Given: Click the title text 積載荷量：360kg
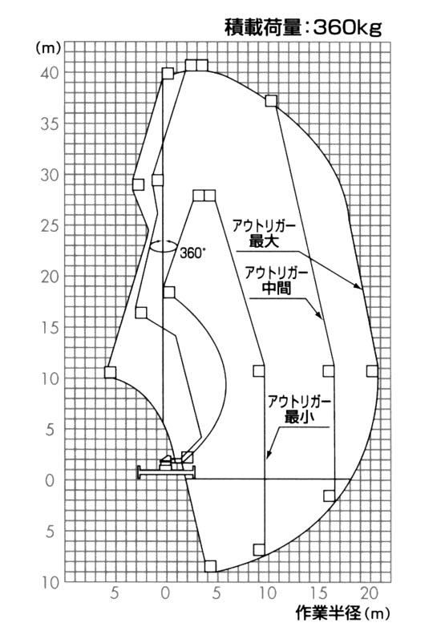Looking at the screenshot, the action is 303,27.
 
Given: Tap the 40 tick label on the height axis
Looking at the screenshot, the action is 51,73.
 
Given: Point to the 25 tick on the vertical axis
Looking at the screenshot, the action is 51,226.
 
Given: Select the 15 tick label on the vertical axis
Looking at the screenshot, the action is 51,328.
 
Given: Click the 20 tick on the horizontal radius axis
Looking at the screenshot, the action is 370,593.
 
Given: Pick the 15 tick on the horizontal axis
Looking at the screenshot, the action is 318,593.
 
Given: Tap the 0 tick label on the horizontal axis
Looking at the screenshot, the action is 165,593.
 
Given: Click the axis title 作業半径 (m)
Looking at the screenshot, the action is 342,613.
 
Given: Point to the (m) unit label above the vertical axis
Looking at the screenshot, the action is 48,48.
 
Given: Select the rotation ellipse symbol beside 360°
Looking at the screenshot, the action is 163,246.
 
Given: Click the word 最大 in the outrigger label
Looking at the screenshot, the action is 263,242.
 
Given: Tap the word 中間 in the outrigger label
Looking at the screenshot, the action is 277,288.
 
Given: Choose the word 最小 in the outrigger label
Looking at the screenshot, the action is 299,416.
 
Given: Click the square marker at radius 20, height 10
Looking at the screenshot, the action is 372,371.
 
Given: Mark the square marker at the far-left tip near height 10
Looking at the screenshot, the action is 110,372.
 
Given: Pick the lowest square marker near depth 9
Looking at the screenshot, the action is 211,566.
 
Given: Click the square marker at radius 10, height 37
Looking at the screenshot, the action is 271,101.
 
